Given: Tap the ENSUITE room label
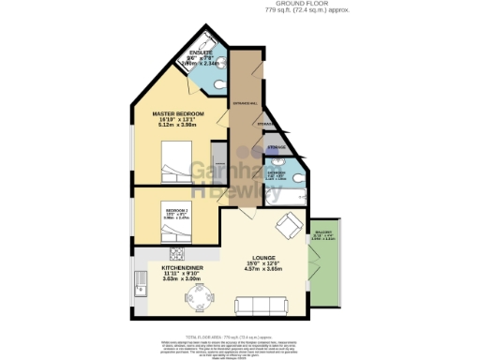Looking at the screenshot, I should click(x=201, y=52).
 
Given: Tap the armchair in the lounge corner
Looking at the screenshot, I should click(x=290, y=225).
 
